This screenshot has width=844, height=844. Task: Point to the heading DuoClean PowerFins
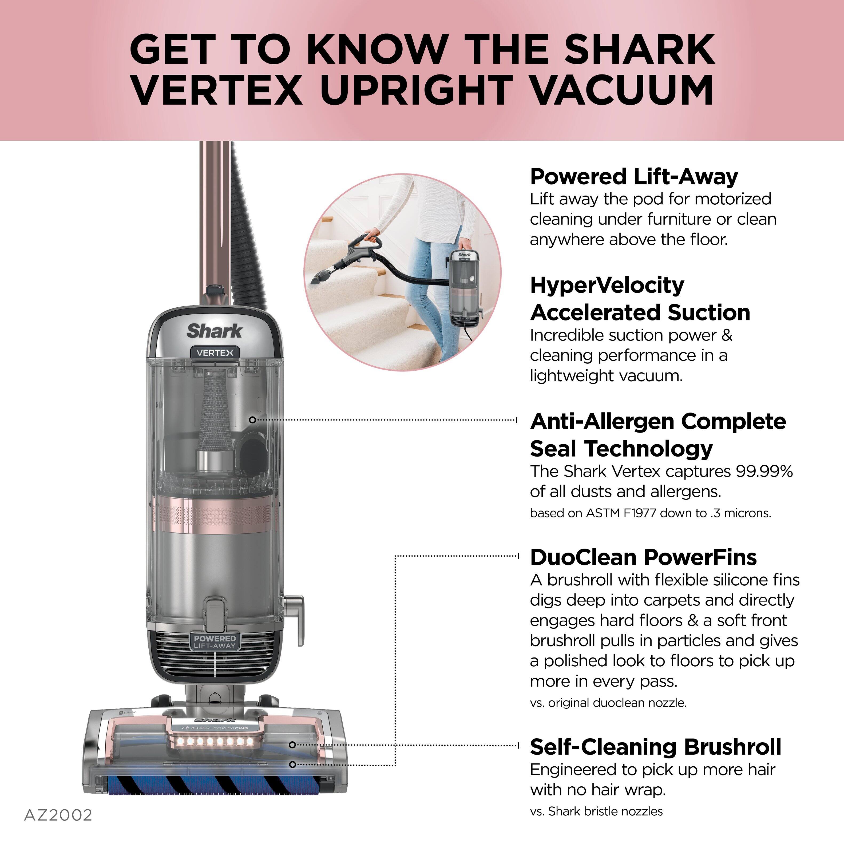[x=643, y=557]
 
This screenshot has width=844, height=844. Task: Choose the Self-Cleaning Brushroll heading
[x=655, y=747]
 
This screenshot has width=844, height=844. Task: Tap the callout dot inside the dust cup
[x=252, y=420]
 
